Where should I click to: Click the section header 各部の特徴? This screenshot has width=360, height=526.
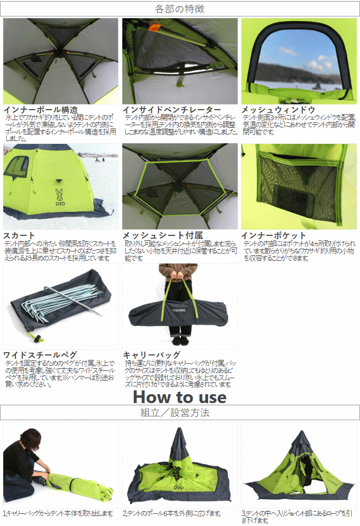180,9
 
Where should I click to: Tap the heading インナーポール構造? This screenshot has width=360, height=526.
41,110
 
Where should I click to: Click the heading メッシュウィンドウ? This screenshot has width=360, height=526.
278,110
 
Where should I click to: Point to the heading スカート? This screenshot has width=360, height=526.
19,235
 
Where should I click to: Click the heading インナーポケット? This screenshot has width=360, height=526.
274,235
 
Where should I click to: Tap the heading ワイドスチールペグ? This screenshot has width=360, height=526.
40,354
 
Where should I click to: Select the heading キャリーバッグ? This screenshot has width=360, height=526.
151,354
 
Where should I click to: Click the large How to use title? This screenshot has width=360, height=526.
180,396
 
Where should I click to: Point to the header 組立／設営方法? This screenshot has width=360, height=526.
180,412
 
